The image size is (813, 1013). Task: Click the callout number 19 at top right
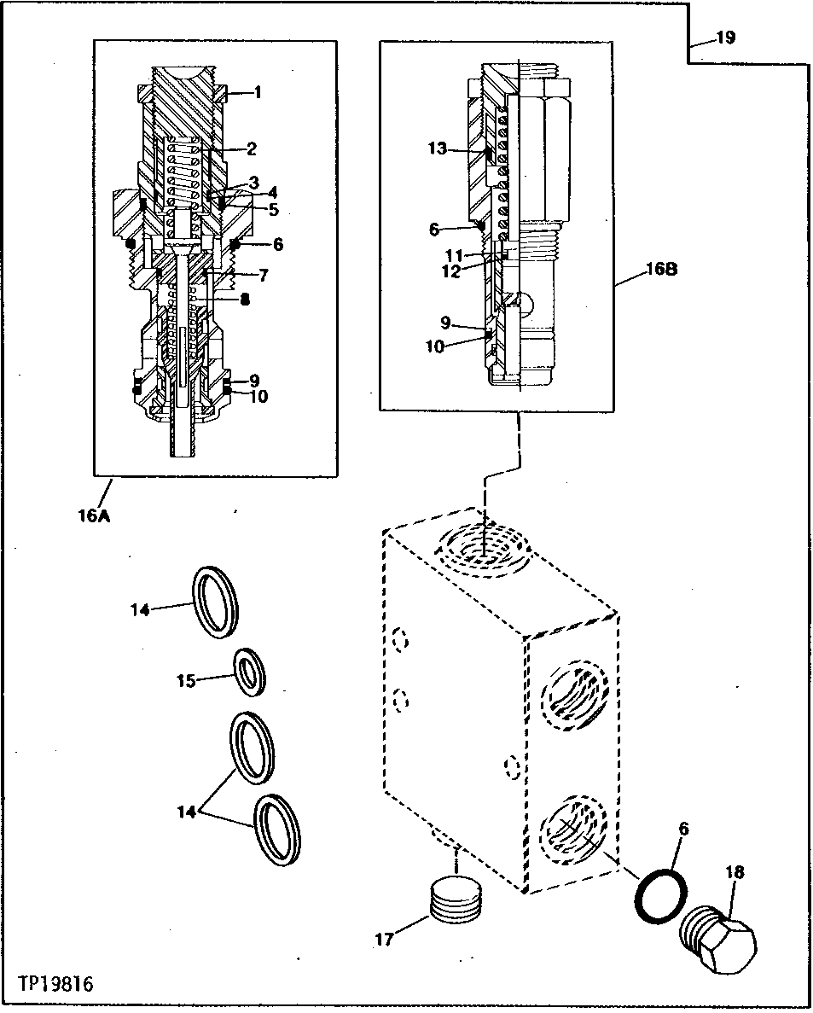pyautogui.click(x=725, y=38)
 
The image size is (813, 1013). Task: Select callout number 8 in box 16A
pyautogui.click(x=245, y=299)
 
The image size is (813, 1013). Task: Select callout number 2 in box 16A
pyautogui.click(x=252, y=149)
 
